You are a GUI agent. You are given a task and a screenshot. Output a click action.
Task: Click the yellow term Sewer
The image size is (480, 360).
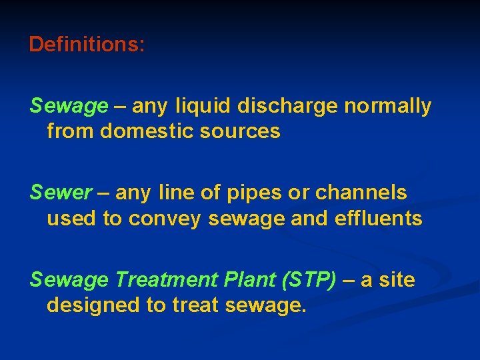coord(61,193)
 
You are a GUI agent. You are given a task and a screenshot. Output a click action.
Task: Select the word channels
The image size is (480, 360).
coord(361,193)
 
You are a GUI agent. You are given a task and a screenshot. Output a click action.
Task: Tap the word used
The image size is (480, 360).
coord(72,219)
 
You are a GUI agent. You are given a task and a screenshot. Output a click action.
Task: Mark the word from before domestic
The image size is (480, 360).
coord(71,131)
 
